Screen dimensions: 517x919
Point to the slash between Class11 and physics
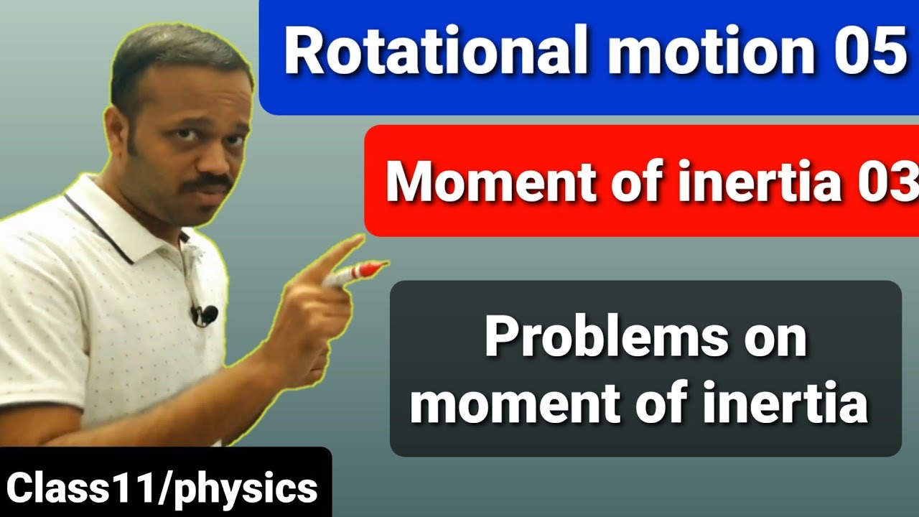(167, 488)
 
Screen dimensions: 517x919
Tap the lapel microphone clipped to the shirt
(204, 314)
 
